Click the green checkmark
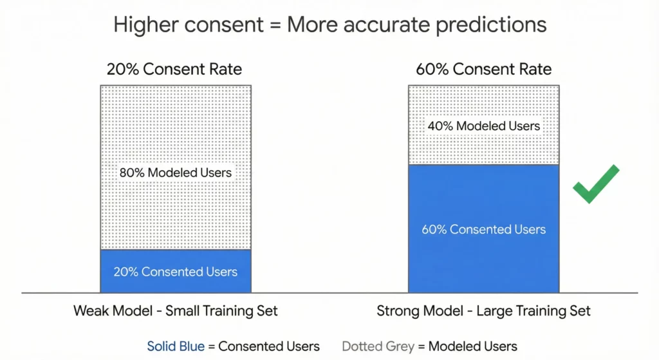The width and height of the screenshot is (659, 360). click(x=595, y=185)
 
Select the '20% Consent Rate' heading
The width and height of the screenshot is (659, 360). click(x=174, y=69)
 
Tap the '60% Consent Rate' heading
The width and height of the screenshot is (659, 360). click(x=483, y=69)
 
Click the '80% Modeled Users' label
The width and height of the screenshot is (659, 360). click(x=175, y=173)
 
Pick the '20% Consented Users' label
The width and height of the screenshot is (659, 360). click(x=175, y=271)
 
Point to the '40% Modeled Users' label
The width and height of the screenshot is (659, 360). click(x=483, y=126)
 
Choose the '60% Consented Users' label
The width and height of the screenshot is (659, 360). click(x=483, y=229)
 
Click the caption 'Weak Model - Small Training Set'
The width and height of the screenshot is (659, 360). click(x=175, y=311)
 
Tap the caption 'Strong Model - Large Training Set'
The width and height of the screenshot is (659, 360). click(x=483, y=311)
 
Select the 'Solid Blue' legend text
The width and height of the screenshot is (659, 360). click(x=176, y=346)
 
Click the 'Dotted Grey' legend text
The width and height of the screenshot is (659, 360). click(x=377, y=346)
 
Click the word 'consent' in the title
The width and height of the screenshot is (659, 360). click(x=223, y=25)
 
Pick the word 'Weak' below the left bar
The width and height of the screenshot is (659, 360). click(x=91, y=311)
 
